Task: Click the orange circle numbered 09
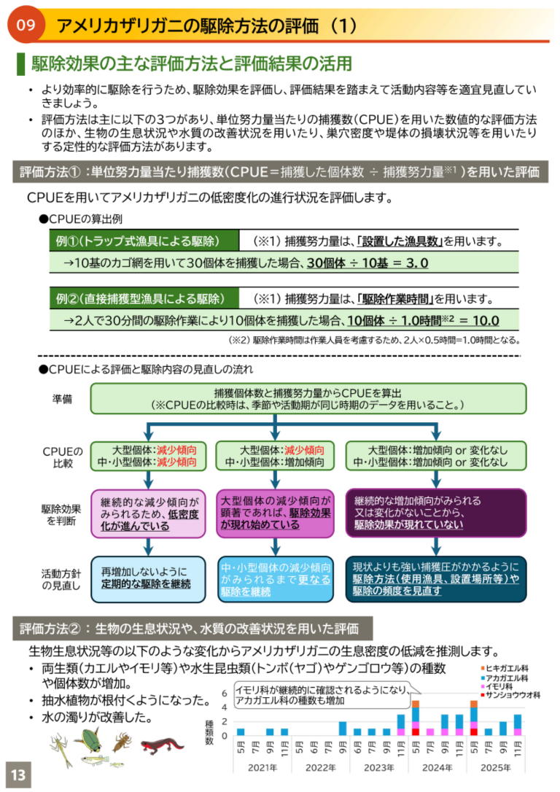[26, 24]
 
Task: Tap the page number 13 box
[18, 774]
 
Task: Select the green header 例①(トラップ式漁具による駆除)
[144, 241]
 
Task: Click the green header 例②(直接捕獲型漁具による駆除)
[144, 298]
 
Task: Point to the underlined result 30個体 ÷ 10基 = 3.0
[367, 263]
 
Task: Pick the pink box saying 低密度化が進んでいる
[149, 513]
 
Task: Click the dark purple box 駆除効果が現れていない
[436, 513]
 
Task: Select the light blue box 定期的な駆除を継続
[149, 579]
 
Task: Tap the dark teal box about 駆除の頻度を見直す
[436, 579]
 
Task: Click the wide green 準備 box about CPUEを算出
[308, 398]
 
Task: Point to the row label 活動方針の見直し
[61, 579]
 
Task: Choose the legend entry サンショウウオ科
[510, 695]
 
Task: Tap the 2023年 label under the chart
[378, 768]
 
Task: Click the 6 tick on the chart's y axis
[225, 693]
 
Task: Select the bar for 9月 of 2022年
[343, 729]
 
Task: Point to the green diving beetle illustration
[90, 739]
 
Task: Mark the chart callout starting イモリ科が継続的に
[322, 695]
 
